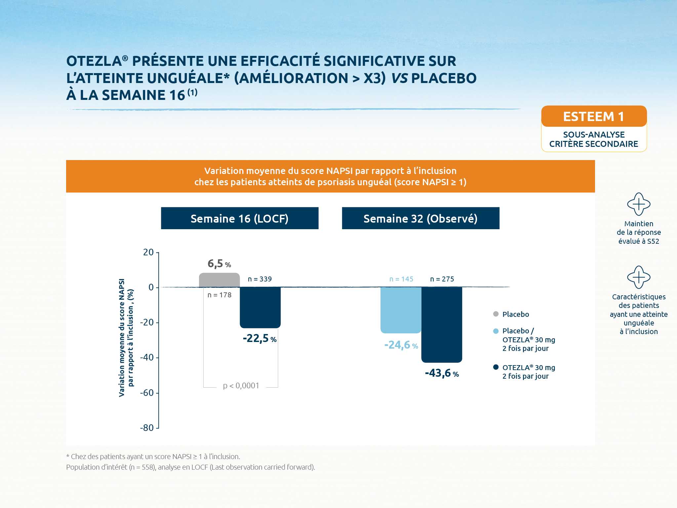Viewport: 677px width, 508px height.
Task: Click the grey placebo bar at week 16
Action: [x=219, y=280]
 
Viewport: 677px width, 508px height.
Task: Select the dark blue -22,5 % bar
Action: [x=260, y=307]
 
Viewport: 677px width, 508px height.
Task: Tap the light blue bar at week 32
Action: [x=401, y=310]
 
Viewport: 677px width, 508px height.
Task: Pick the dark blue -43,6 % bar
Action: [x=442, y=324]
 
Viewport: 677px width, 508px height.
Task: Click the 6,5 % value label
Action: [x=219, y=264]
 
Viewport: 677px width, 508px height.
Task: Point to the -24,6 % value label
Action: [x=401, y=345]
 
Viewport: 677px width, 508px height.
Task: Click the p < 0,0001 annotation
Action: [x=241, y=386]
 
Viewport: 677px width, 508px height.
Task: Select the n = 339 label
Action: [x=260, y=279]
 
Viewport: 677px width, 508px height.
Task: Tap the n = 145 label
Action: [x=401, y=279]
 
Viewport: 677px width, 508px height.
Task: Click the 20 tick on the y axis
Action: [x=148, y=252]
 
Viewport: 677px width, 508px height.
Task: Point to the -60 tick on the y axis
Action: [x=147, y=393]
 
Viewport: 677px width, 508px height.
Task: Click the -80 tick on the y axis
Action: [x=147, y=428]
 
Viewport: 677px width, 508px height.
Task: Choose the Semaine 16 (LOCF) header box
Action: [x=240, y=218]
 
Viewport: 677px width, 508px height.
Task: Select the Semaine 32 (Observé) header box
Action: [x=420, y=218]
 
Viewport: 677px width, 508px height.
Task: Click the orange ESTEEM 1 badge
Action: [x=594, y=116]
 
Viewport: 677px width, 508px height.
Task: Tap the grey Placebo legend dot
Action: [x=496, y=314]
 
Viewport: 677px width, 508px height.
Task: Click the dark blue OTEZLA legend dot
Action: [x=496, y=367]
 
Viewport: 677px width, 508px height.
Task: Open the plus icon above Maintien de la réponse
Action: [x=639, y=204]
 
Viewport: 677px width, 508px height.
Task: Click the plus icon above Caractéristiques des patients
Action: [x=639, y=277]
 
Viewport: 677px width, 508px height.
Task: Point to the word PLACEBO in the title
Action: [x=444, y=78]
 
